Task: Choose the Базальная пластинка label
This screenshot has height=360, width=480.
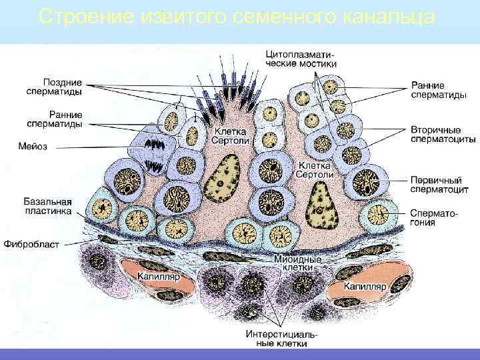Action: [47, 205]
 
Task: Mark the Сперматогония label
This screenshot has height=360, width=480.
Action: [433, 218]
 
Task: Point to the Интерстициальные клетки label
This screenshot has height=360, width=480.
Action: [277, 339]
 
